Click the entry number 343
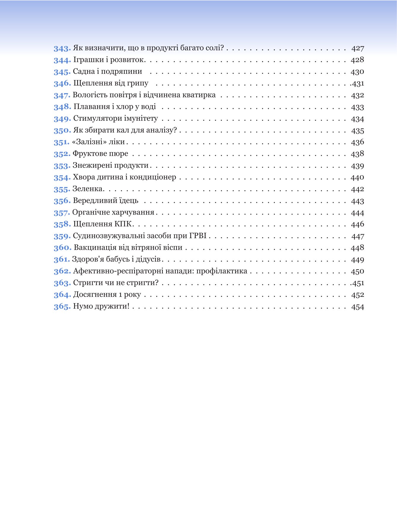click(x=62, y=48)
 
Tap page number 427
click(x=358, y=48)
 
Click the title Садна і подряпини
click(x=107, y=71)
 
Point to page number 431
click(x=358, y=84)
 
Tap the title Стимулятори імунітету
click(x=115, y=118)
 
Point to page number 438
click(x=358, y=154)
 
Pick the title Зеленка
click(x=87, y=189)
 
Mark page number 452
click(x=358, y=295)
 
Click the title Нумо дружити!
click(x=101, y=306)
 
